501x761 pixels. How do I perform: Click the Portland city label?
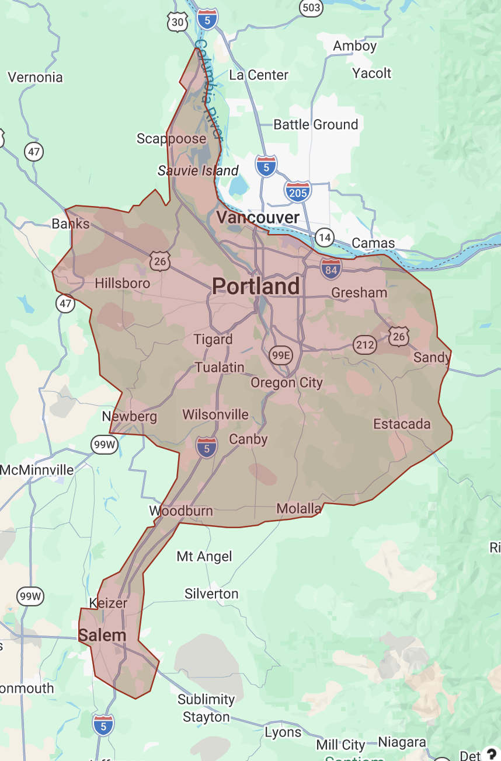256,286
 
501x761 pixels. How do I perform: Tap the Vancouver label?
258,218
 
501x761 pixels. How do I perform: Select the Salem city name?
102,636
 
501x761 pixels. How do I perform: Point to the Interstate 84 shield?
330,268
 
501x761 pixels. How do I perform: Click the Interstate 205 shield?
298,191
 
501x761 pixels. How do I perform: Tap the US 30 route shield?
177,22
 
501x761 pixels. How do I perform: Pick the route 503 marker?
311,7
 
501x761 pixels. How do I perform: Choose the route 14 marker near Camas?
325,237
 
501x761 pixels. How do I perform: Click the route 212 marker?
364,345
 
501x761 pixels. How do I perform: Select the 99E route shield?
281,354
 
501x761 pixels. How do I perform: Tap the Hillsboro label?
123,284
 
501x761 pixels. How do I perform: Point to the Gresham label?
359,292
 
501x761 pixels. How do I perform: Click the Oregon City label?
287,383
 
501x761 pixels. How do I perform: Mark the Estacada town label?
402,424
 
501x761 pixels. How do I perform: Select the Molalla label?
299,509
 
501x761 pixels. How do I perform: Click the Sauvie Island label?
198,171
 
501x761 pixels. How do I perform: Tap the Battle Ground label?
316,124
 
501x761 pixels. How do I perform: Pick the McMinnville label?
37,470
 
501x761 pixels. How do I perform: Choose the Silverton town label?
211,594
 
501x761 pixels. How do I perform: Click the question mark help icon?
492,754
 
